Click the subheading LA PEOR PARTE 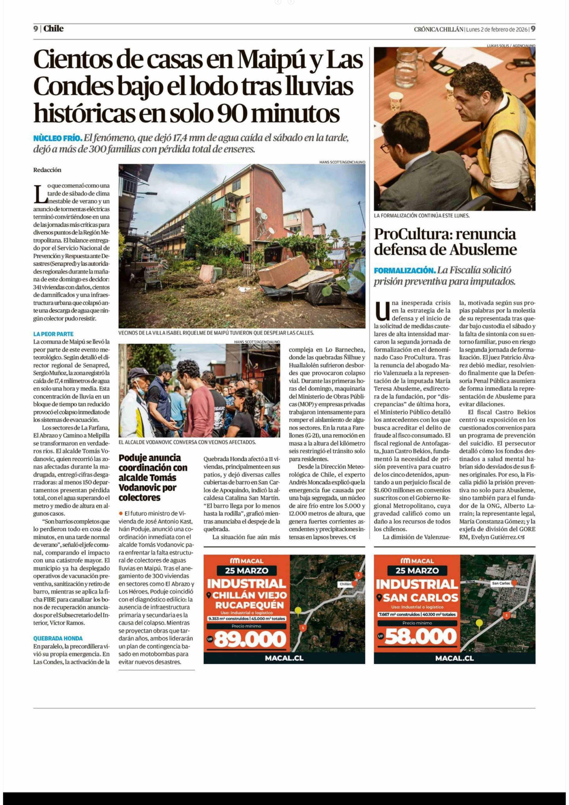tap(53, 334)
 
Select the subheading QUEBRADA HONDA tap(58, 638)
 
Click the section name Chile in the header tap(54, 29)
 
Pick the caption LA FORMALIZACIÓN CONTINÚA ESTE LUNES tap(421, 216)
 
